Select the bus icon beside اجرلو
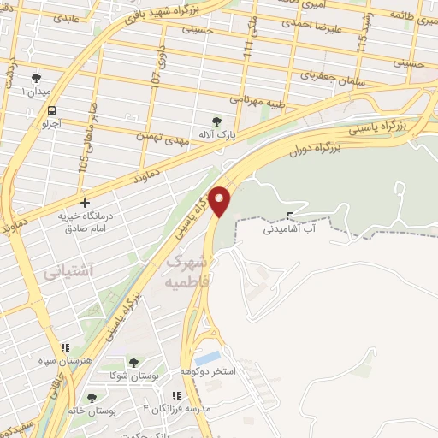point(53,110)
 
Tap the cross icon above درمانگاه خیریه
point(85,203)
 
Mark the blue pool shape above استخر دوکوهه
point(208,357)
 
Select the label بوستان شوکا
point(132,376)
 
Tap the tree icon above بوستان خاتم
point(92,398)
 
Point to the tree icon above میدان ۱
point(34,76)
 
